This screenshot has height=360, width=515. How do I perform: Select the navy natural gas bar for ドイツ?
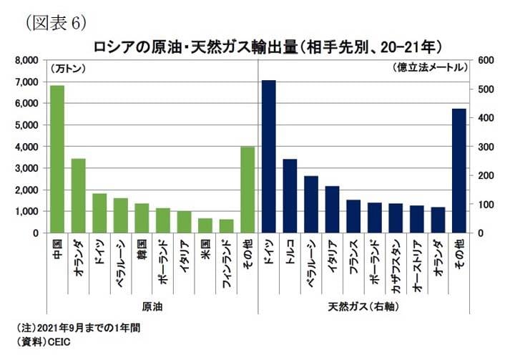(x=269, y=157)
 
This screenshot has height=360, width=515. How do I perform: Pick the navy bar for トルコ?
(x=290, y=196)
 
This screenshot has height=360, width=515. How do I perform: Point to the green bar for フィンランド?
(x=226, y=226)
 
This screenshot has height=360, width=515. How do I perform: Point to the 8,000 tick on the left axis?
(x=28, y=61)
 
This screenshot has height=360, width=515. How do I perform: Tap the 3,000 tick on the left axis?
(x=28, y=168)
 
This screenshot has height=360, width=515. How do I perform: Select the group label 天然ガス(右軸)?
(x=363, y=306)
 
